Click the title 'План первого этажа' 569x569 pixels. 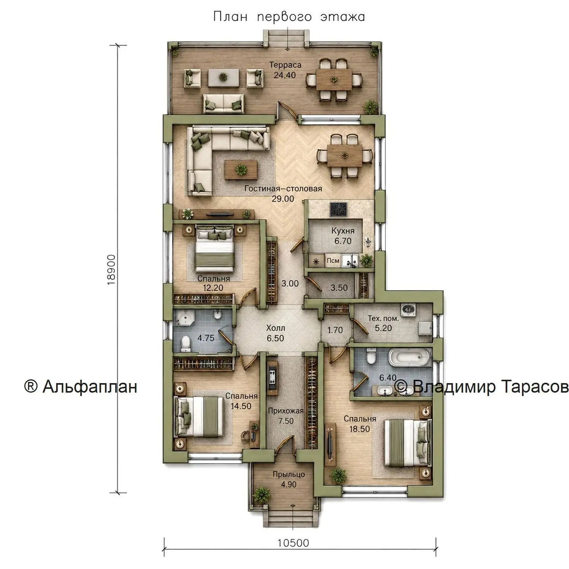click(289, 17)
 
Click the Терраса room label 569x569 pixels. click(285, 65)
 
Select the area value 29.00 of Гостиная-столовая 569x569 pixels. click(283, 198)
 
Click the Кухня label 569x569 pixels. click(343, 231)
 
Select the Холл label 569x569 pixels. click(275, 328)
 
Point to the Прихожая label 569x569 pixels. click(286, 411)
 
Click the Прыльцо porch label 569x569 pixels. click(289, 475)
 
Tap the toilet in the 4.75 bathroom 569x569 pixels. click(185, 343)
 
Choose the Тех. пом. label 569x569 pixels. click(383, 319)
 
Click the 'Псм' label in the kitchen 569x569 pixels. click(333, 261)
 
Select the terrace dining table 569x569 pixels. click(333, 79)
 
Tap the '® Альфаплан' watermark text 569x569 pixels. click(80, 387)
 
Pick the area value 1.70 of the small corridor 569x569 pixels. click(335, 330)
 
